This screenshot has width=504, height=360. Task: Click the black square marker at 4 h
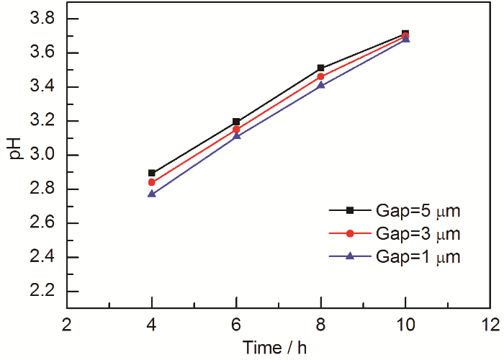pyautogui.click(x=151, y=173)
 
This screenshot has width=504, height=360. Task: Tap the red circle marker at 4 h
pyautogui.click(x=151, y=182)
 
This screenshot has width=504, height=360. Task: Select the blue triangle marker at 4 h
pyautogui.click(x=151, y=194)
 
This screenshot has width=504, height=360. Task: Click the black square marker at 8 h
pyautogui.click(x=321, y=68)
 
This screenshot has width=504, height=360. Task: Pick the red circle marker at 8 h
pyautogui.click(x=321, y=76)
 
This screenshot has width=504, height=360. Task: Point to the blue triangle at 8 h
pyautogui.click(x=321, y=85)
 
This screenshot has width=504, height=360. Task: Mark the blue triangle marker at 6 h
pyautogui.click(x=236, y=135)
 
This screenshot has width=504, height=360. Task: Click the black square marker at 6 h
pyautogui.click(x=236, y=122)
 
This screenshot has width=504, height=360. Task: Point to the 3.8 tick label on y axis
pyautogui.click(x=44, y=19)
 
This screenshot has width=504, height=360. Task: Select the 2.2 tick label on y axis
pyautogui.click(x=44, y=292)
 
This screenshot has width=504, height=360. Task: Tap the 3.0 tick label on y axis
pyautogui.click(x=44, y=156)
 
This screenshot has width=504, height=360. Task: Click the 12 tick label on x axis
pyautogui.click(x=490, y=324)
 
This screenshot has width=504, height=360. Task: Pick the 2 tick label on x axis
pyautogui.click(x=66, y=324)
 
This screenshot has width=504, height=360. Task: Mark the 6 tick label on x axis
pyautogui.click(x=236, y=324)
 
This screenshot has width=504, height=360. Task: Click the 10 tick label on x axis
pyautogui.click(x=405, y=324)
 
